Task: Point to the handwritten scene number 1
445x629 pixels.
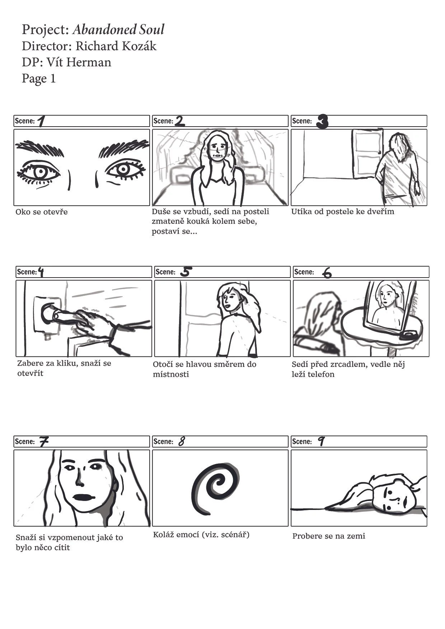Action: [41, 121]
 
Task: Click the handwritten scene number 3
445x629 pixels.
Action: [322, 122]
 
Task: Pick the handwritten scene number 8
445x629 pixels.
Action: [182, 441]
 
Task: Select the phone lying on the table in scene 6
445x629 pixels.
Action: [408, 335]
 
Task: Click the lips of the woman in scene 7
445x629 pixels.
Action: [83, 497]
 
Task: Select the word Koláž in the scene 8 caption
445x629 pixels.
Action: [164, 535]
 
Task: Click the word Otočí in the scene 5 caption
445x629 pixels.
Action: [163, 364]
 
